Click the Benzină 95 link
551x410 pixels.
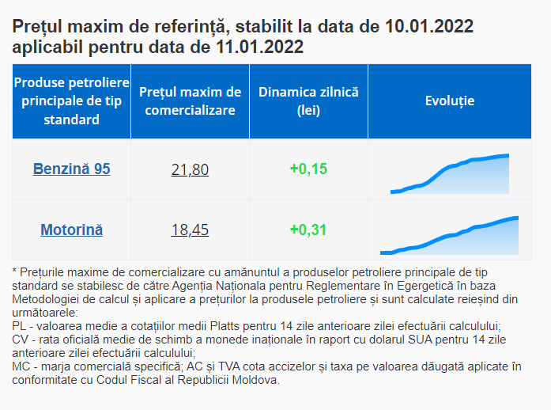(x=71, y=169)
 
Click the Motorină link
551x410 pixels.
(x=71, y=230)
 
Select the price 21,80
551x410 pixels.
(x=190, y=169)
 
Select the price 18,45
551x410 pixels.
(x=190, y=230)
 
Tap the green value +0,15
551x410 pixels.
(x=308, y=169)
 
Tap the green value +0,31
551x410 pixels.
(x=308, y=230)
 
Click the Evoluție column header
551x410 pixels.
(x=449, y=101)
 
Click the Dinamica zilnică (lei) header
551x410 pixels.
(x=308, y=101)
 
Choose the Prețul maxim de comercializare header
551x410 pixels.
(x=190, y=101)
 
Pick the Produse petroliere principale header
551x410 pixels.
(x=71, y=101)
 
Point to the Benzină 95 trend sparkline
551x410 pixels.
(x=449, y=174)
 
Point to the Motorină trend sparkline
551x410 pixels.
(x=449, y=236)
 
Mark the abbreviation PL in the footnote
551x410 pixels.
(x=20, y=325)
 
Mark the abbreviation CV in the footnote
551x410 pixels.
(x=21, y=339)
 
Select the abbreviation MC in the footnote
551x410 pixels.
(x=21, y=366)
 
